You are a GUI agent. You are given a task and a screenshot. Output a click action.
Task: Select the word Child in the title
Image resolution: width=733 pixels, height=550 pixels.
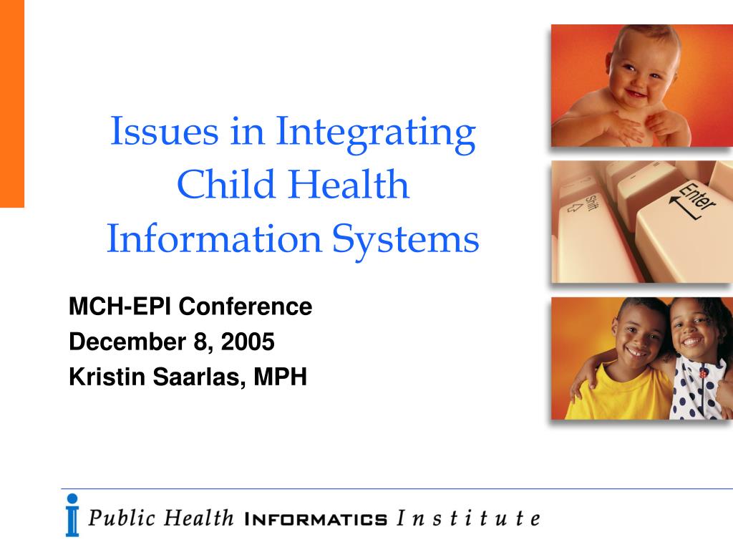(226, 184)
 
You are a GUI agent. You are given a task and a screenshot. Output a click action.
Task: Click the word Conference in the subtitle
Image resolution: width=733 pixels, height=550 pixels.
(246, 307)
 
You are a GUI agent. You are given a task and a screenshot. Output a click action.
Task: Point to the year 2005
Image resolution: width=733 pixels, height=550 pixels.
(247, 342)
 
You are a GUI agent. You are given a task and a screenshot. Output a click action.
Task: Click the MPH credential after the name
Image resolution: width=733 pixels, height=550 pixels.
(280, 377)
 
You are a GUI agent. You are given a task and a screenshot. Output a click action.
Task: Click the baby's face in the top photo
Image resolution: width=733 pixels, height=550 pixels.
(643, 70)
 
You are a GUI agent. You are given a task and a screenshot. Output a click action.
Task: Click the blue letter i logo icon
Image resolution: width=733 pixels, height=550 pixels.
(72, 516)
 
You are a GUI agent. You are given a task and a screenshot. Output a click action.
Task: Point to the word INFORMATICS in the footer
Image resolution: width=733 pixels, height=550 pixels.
(316, 519)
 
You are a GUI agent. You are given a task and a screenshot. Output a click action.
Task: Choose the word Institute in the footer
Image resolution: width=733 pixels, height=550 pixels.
(468, 518)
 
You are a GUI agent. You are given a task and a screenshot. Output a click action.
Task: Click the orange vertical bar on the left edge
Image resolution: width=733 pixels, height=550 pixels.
(12, 103)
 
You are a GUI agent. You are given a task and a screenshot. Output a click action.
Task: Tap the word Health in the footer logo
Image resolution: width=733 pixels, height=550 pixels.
(198, 518)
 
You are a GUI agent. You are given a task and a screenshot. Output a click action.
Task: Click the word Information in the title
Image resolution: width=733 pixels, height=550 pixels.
(214, 238)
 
